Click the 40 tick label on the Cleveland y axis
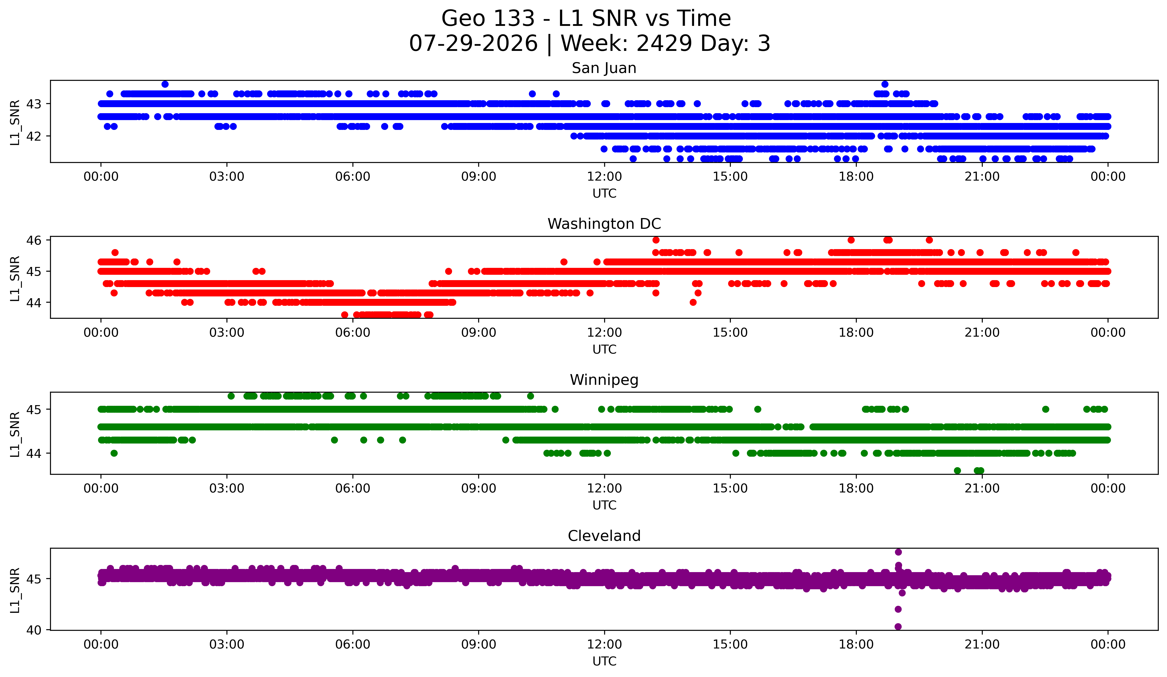coord(34,630)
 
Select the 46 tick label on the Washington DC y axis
coord(34,240)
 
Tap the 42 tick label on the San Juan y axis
coord(34,136)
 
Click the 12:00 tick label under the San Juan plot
coord(604,177)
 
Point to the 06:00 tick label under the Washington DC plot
coord(353,333)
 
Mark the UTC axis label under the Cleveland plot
coord(604,661)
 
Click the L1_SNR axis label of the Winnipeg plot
coord(15,434)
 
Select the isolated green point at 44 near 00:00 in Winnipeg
coord(114,453)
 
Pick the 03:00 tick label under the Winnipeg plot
coord(227,489)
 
